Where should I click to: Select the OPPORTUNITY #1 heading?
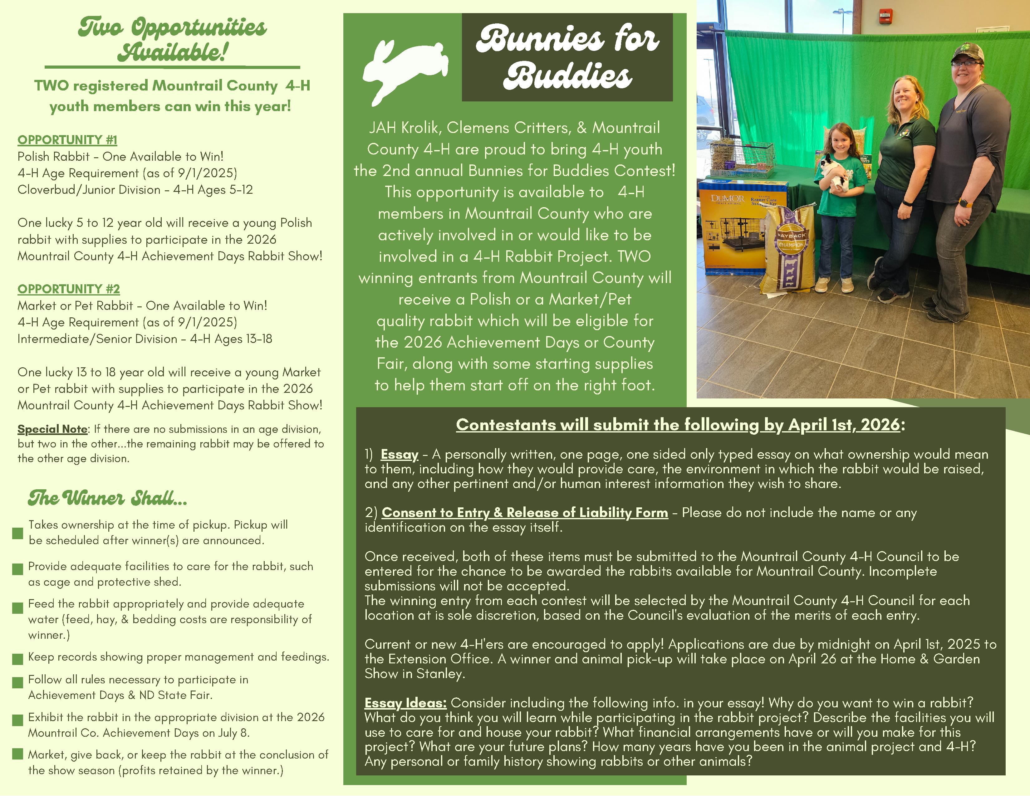(67, 140)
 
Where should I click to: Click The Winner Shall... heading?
(108, 498)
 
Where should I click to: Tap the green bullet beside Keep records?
(17, 659)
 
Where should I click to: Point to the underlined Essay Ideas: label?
(405, 703)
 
